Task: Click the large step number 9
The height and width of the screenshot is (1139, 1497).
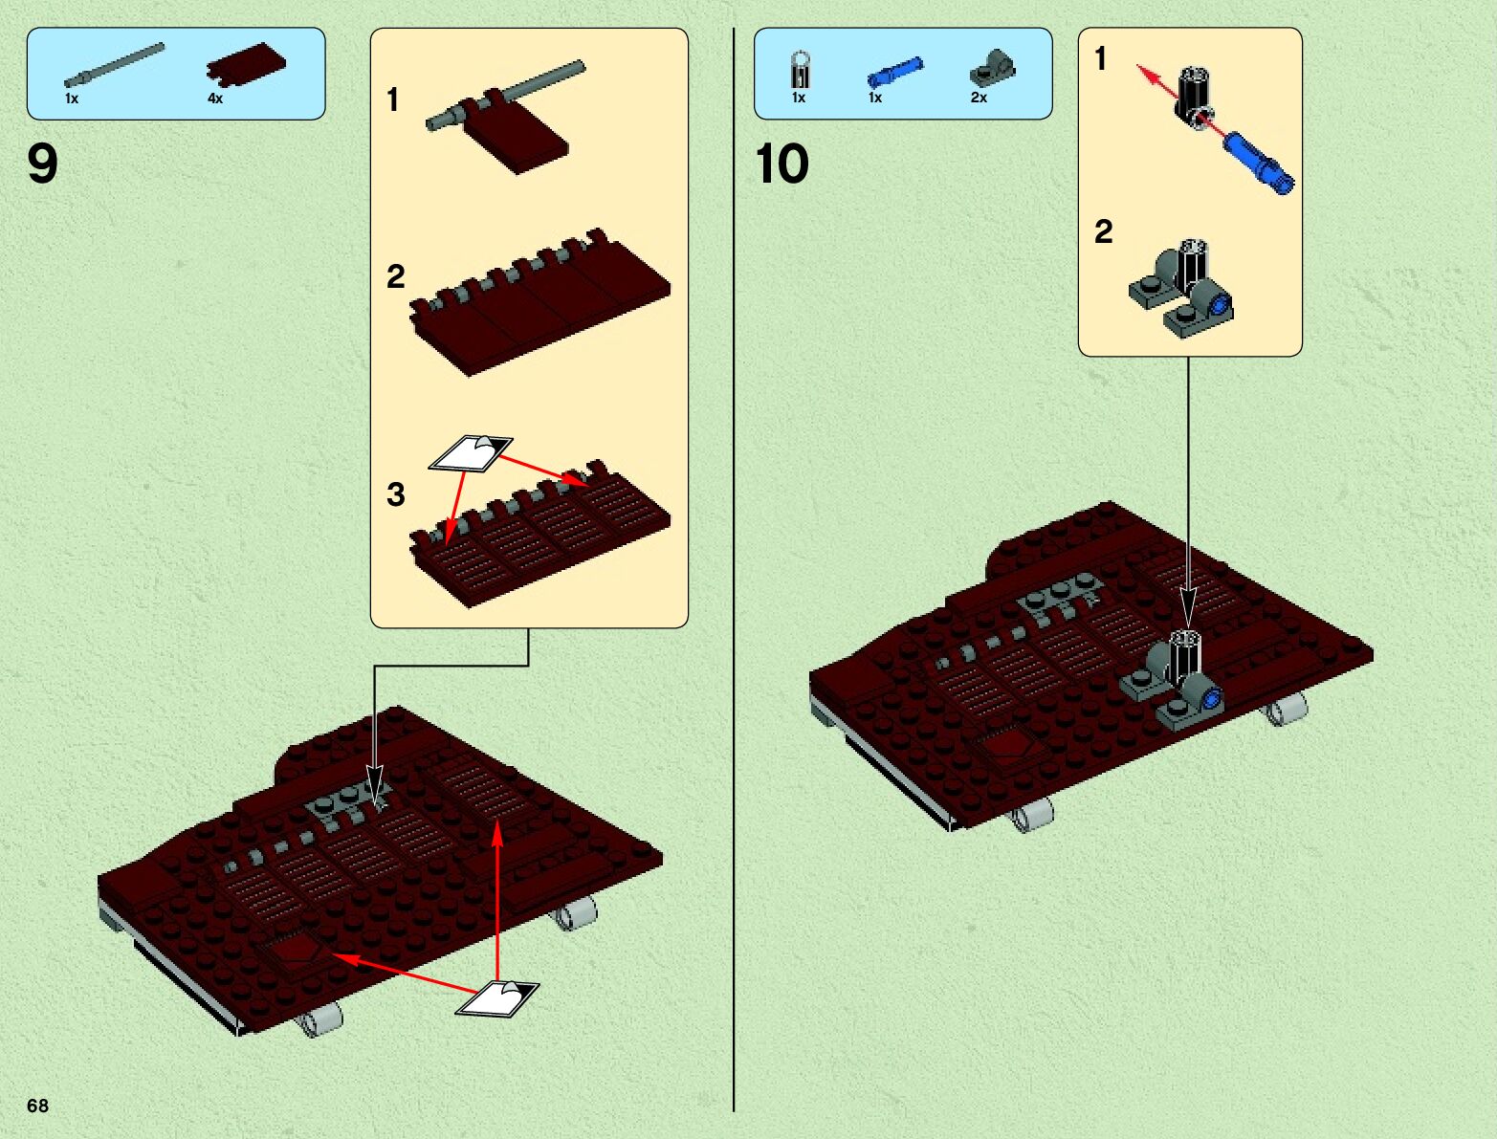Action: pos(43,164)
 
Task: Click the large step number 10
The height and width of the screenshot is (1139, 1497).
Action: pos(782,164)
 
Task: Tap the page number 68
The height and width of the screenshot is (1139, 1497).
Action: pos(37,1105)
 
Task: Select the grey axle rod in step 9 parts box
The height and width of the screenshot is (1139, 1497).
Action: pos(114,65)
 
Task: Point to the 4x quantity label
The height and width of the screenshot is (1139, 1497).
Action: pos(215,99)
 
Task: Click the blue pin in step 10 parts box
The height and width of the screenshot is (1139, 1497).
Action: pos(895,72)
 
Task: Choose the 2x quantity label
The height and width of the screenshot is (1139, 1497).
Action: pos(979,99)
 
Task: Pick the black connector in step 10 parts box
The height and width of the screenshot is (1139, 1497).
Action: pos(801,69)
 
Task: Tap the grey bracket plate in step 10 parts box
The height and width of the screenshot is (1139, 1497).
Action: pos(992,68)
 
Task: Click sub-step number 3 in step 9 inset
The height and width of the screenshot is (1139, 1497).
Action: pos(396,494)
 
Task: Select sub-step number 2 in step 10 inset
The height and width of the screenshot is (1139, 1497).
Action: pos(1104,231)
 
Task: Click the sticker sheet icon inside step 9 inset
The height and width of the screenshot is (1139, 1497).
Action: pos(471,452)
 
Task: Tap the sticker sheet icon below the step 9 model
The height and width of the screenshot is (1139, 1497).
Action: pos(497,998)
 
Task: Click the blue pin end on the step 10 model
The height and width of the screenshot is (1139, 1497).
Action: pos(1212,698)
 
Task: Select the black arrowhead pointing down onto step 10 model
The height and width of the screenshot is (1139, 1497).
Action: pos(1188,610)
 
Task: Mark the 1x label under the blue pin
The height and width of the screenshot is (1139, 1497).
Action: pos(875,99)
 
